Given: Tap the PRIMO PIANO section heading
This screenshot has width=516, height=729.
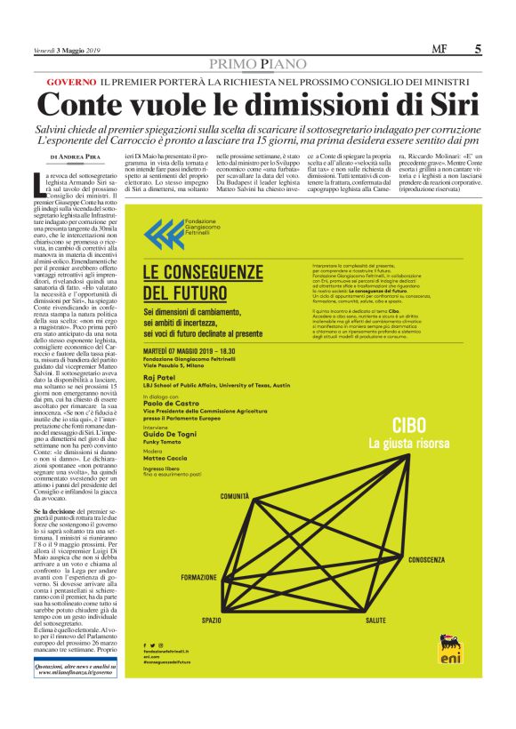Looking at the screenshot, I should pyautogui.click(x=257, y=64).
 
